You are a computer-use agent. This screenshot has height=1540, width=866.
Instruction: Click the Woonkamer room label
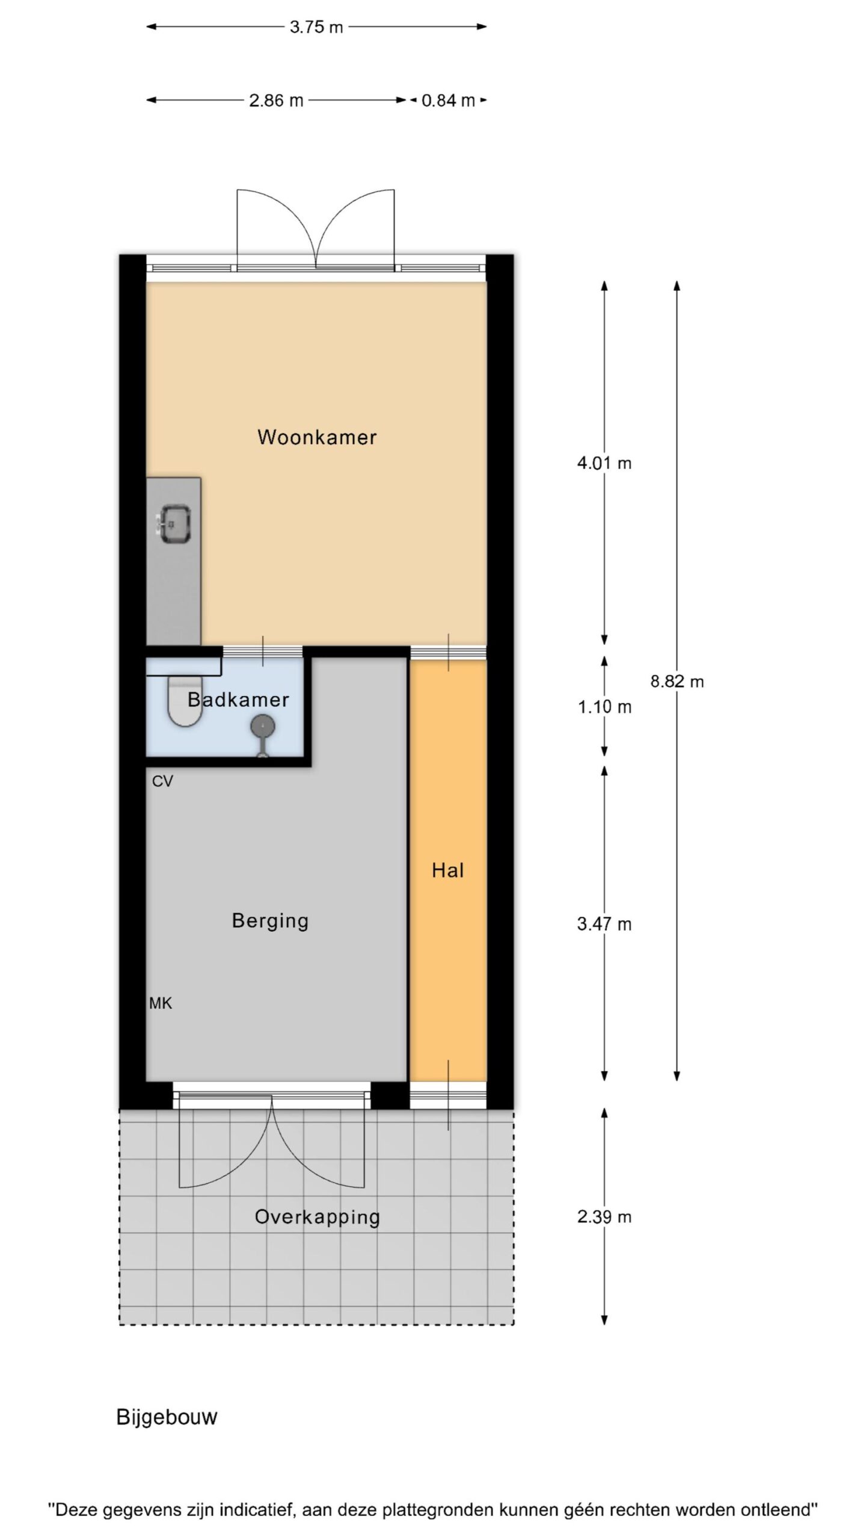pyautogui.click(x=317, y=437)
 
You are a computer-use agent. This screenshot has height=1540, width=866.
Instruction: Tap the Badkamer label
pyautogui.click(x=238, y=700)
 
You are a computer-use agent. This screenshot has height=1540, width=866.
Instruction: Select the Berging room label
pyautogui.click(x=270, y=921)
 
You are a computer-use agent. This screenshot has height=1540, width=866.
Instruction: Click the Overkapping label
pyautogui.click(x=317, y=1216)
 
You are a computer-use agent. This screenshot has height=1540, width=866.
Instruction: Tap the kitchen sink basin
pyautogui.click(x=174, y=525)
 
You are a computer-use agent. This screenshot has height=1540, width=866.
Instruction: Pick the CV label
pyautogui.click(x=162, y=781)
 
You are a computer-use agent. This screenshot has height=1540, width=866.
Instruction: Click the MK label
pyautogui.click(x=161, y=1003)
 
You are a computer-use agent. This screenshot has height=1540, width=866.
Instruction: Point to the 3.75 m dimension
pyautogui.click(x=316, y=27)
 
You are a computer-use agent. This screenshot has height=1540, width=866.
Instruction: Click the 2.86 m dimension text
pyautogui.click(x=276, y=100)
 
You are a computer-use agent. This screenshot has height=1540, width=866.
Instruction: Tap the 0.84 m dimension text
pyautogui.click(x=448, y=100)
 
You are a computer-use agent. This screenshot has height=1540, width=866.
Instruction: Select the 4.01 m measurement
pyautogui.click(x=604, y=463)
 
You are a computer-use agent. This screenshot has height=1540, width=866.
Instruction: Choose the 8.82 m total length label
pyautogui.click(x=677, y=682)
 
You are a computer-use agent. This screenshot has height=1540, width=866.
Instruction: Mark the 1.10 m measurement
pyautogui.click(x=604, y=707)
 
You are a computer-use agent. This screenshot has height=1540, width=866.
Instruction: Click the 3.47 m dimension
pyautogui.click(x=604, y=924)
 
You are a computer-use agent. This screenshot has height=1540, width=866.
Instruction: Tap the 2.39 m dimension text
pyautogui.click(x=604, y=1217)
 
